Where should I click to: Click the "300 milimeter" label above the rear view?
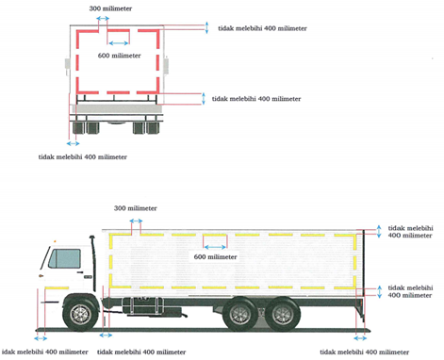pos(110,8)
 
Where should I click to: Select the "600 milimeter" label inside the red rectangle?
pos(119,56)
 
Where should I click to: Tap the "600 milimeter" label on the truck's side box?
pos(215,256)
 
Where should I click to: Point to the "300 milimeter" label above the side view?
pos(135,208)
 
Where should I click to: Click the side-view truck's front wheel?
pos(80,314)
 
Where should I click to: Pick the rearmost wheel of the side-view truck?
pos(283,314)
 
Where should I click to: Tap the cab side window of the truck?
pos(65,258)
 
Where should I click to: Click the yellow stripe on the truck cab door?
pos(57,287)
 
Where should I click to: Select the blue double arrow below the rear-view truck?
pos(73,143)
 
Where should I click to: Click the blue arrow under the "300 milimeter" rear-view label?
pos(103,19)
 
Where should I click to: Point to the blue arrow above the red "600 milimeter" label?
pos(118,43)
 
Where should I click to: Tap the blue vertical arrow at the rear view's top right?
pos(206,27)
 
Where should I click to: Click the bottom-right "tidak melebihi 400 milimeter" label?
pos(365,352)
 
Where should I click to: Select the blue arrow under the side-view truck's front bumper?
pos(41,338)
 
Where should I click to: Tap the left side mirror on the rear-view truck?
pos(67,67)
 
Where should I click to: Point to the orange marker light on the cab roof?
pos(55,241)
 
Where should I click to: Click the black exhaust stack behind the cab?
pos(93,263)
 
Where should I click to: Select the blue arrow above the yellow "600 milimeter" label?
pos(215,247)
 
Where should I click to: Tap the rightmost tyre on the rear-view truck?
pos(153,128)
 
